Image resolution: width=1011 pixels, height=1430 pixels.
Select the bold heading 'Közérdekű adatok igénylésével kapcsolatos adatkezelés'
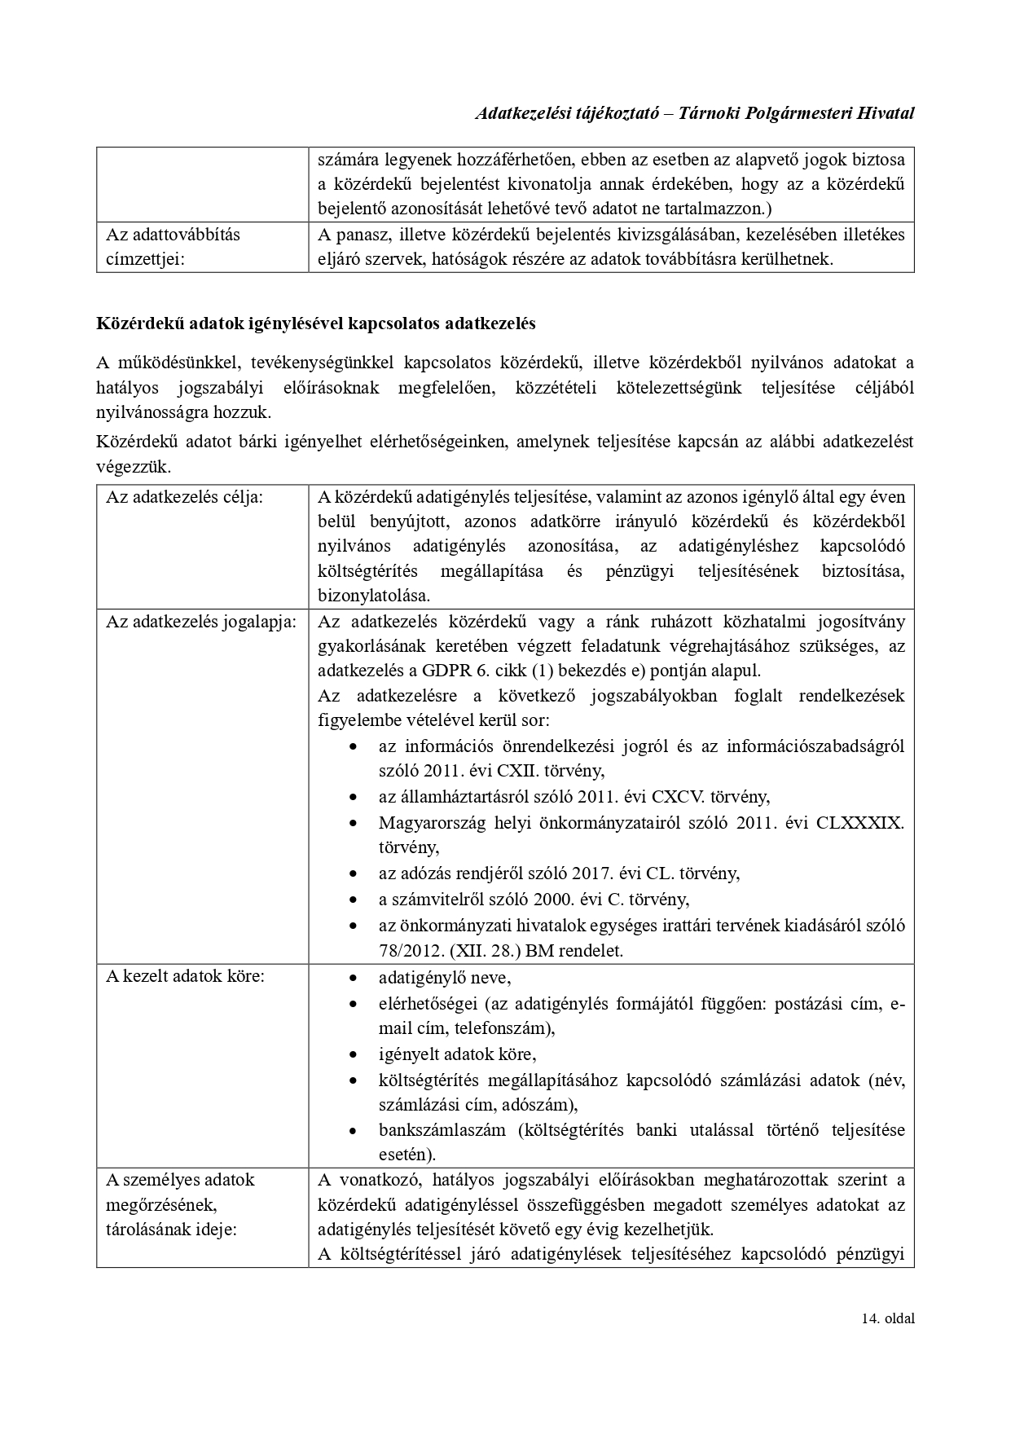point(316,323)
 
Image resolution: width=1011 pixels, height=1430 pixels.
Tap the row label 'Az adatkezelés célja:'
point(184,496)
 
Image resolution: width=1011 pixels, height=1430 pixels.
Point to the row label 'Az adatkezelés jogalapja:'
point(201,622)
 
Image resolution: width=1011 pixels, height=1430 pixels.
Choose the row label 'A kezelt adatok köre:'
point(185,975)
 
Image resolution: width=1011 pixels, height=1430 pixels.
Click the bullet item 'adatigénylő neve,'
point(445,977)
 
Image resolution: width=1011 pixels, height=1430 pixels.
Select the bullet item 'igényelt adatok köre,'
point(457,1054)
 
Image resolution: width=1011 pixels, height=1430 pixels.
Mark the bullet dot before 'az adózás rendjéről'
point(352,874)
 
